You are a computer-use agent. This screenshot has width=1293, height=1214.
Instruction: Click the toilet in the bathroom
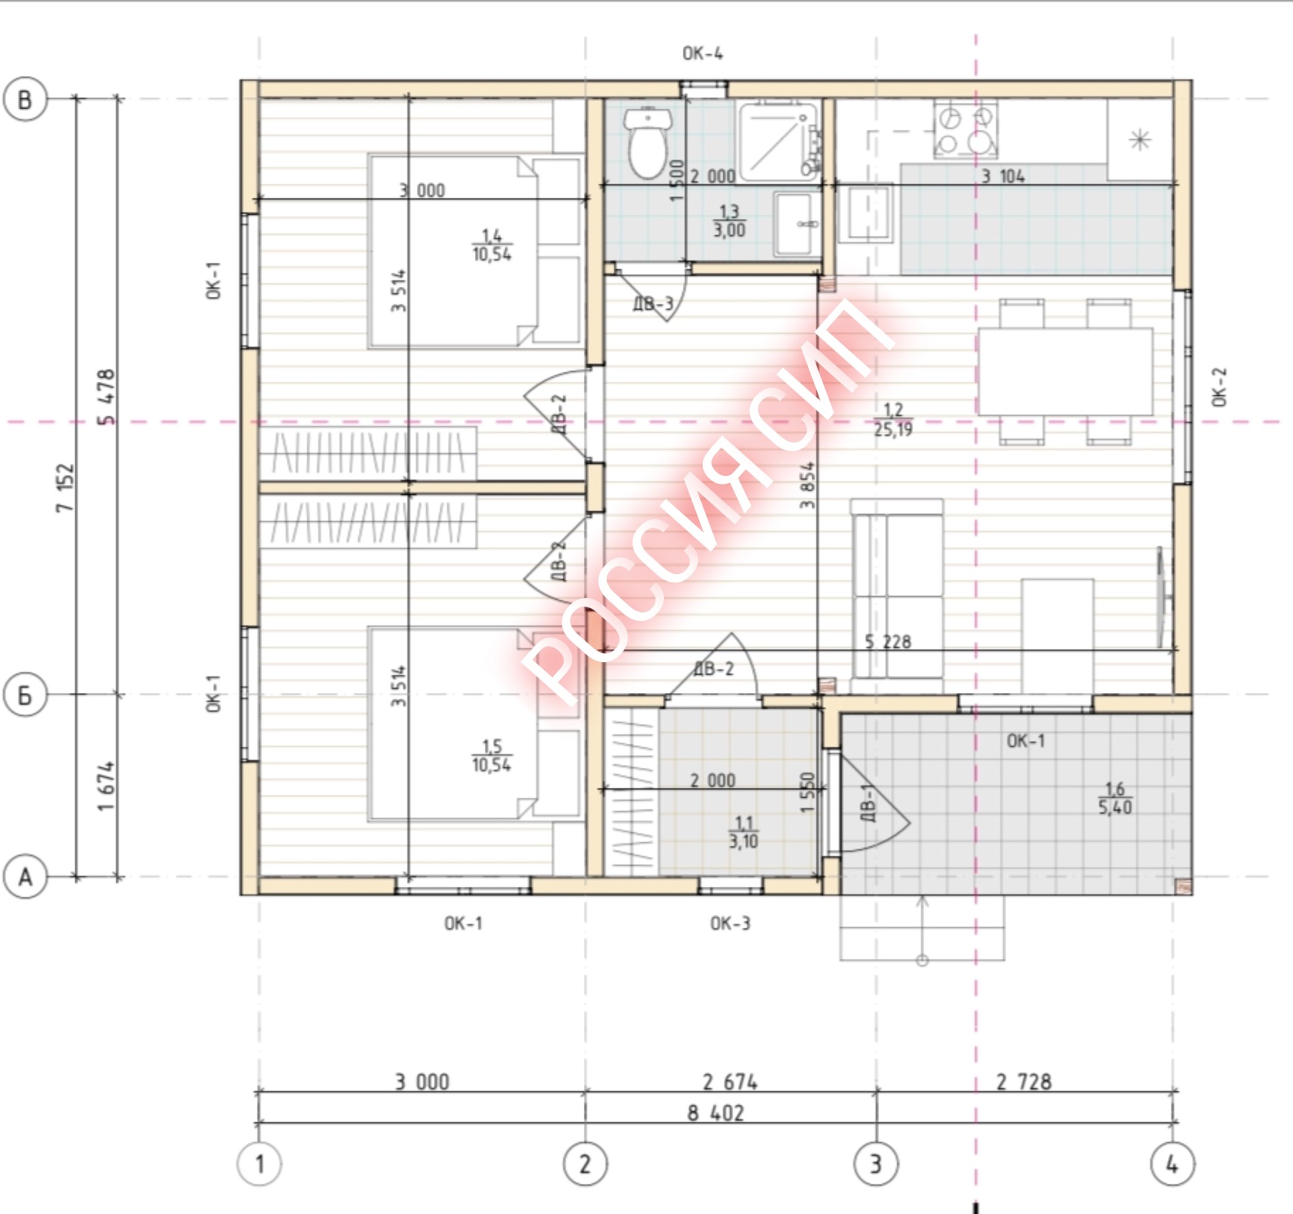pos(647,142)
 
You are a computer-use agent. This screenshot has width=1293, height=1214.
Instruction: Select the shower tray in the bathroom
pos(779,142)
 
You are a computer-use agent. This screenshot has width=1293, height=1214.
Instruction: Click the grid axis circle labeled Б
pos(25,694)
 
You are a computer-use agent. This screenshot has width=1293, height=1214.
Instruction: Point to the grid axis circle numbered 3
pos(875,1163)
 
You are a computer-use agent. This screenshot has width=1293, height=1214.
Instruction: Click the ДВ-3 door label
pos(653,304)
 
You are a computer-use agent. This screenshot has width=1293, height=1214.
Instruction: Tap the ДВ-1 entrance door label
pos(869,802)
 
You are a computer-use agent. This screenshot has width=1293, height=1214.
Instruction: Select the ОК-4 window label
pos(702,53)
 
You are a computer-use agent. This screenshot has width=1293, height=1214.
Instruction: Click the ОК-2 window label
pos(1220,386)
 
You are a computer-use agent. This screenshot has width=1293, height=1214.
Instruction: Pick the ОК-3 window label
pos(730,923)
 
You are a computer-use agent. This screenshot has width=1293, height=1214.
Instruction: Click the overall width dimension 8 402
pos(715,1113)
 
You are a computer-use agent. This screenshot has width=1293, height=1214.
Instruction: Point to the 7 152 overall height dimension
pos(65,487)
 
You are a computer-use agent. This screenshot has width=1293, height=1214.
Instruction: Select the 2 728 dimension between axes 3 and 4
pos(1024,1082)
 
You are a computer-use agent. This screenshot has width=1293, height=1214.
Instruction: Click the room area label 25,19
pos(893,429)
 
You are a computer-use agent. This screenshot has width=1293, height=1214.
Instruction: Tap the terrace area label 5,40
pos(1115,807)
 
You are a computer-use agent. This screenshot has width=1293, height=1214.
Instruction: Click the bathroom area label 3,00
pos(729,230)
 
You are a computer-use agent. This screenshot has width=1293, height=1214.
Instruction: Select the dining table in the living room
pos(1065,371)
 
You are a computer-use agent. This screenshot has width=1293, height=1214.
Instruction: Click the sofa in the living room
pos(897,588)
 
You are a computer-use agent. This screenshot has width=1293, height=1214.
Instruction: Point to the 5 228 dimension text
pos(888,642)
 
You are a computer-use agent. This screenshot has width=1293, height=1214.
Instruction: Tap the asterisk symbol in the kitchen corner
pos(1139,140)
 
